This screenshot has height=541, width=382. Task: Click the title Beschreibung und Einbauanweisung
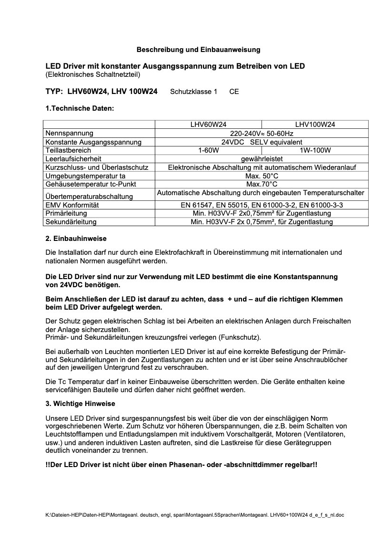pyautogui.click(x=199, y=49)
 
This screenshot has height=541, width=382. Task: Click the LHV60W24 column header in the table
pyautogui.click(x=208, y=125)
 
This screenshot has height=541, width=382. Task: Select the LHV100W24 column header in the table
pyautogui.click(x=315, y=125)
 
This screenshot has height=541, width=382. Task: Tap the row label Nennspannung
pyautogui.click(x=69, y=133)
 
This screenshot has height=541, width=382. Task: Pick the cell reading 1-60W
pyautogui.click(x=208, y=150)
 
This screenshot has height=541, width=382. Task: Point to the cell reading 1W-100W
pyautogui.click(x=315, y=150)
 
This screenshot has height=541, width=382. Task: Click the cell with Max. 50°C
pyautogui.click(x=261, y=176)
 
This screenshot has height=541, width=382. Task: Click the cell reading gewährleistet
pyautogui.click(x=261, y=159)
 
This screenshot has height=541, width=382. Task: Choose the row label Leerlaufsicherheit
pyautogui.click(x=73, y=159)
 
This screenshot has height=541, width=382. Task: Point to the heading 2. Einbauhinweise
pyautogui.click(x=76, y=239)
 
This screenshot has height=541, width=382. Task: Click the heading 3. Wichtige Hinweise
pyautogui.click(x=80, y=404)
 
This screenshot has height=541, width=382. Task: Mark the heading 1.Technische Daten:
pyautogui.click(x=80, y=108)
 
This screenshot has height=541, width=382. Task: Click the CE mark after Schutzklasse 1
pyautogui.click(x=234, y=92)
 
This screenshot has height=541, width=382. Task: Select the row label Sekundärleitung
pyautogui.click(x=71, y=222)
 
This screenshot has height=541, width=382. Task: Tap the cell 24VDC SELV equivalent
pyautogui.click(x=261, y=142)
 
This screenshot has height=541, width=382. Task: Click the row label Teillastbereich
pyautogui.click(x=68, y=150)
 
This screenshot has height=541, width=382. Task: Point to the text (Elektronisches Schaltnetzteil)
pyautogui.click(x=93, y=74)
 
